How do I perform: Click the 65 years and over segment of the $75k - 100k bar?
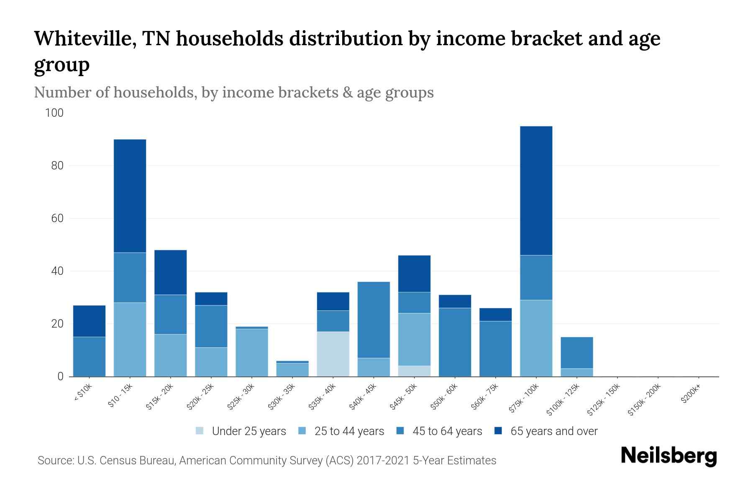(x=536, y=190)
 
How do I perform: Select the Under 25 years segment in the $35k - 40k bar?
(x=333, y=354)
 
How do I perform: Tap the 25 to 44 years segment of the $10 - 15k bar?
(x=130, y=339)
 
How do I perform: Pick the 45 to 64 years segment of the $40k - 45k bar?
(x=374, y=320)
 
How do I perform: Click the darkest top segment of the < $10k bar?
(x=89, y=321)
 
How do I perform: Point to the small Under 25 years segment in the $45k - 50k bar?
(x=414, y=371)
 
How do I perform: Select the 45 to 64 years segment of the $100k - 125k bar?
(x=576, y=352)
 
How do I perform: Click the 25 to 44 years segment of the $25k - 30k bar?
(x=251, y=352)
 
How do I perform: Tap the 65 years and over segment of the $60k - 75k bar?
(x=495, y=314)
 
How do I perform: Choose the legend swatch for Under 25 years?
(x=200, y=431)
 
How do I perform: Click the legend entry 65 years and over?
(x=553, y=431)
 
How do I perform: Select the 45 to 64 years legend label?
(x=447, y=431)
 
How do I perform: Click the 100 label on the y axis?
(x=54, y=113)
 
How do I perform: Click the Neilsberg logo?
(x=668, y=456)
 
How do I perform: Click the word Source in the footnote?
(x=55, y=461)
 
